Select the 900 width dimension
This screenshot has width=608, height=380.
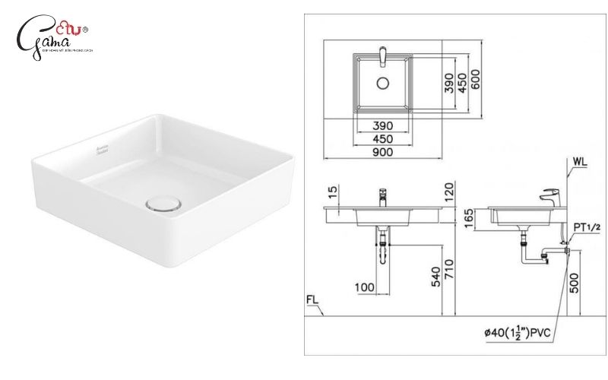click(382, 152)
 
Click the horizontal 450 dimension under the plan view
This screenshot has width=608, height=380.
click(382, 138)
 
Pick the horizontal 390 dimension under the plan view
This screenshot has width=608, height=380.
click(382, 125)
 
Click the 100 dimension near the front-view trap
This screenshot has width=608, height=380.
click(365, 286)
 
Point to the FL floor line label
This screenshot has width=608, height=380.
click(313, 299)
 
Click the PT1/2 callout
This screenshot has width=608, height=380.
click(587, 226)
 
